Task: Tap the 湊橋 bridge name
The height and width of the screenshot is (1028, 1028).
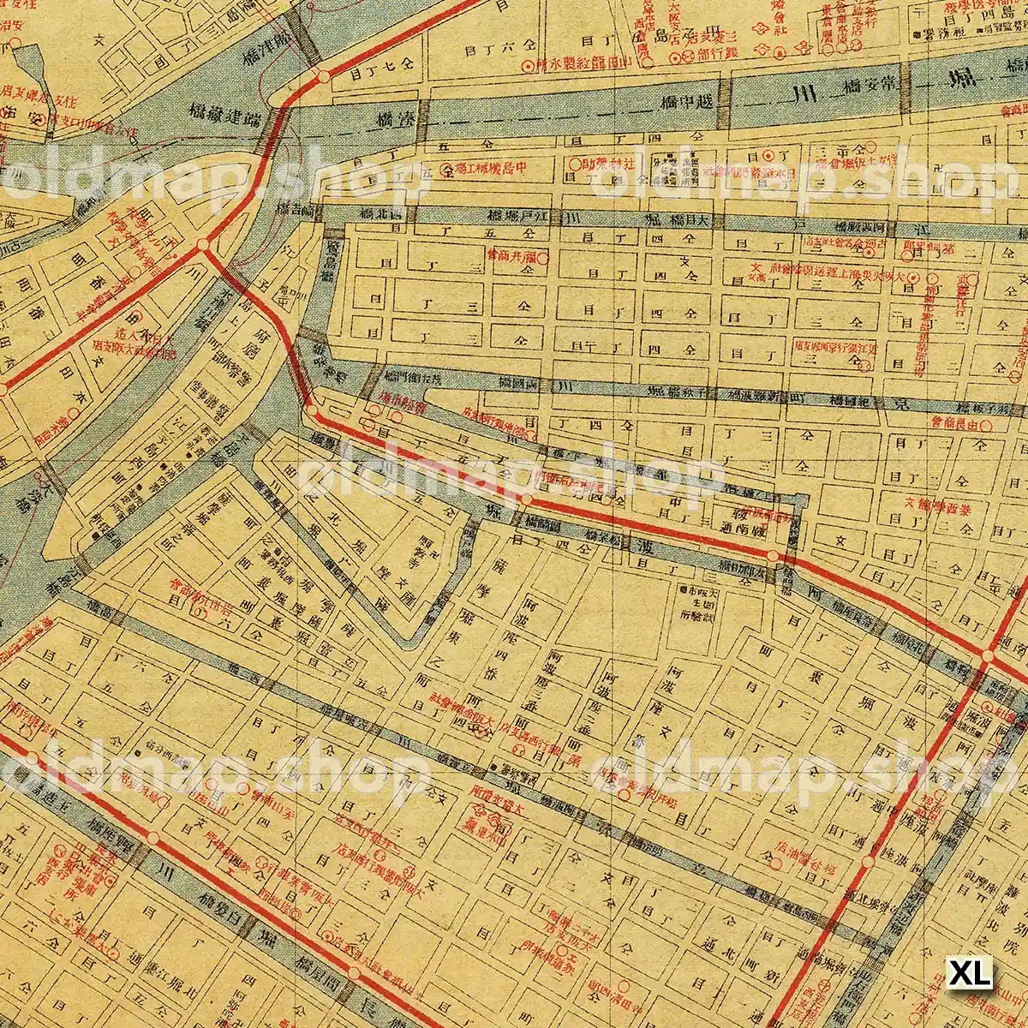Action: click(x=395, y=120)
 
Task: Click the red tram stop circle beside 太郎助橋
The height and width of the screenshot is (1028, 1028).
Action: click(x=773, y=557)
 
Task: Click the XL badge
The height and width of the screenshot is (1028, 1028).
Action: click(x=970, y=973)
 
